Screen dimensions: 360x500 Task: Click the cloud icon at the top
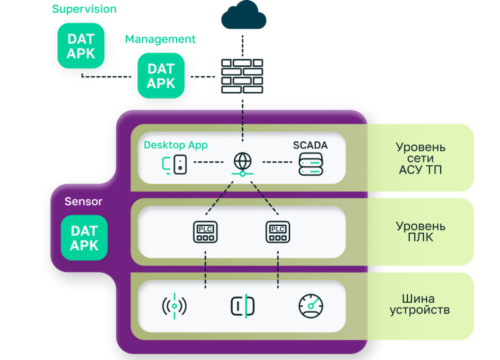[x=242, y=15]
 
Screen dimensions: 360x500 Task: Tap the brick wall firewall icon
[x=242, y=75]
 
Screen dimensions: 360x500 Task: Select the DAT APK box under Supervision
[x=81, y=46]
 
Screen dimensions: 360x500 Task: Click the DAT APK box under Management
[x=161, y=75]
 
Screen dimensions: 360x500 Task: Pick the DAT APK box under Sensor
[x=84, y=238]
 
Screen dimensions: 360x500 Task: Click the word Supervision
[x=84, y=9]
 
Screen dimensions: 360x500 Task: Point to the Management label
[x=160, y=39]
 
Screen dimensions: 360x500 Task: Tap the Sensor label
[x=83, y=201]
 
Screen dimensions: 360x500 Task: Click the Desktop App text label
[x=176, y=145]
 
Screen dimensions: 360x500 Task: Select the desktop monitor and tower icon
[x=175, y=164]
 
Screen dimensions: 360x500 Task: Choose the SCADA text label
[x=311, y=145]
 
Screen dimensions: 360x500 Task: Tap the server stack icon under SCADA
[x=311, y=164]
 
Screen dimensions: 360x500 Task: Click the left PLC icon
[x=205, y=231]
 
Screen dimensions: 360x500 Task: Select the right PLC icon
[x=277, y=231]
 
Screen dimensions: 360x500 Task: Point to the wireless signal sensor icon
[x=174, y=306]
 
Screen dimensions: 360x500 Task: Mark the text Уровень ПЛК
[x=421, y=231]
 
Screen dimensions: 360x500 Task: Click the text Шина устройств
[x=421, y=305]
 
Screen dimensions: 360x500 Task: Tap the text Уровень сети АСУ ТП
[x=421, y=158]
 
